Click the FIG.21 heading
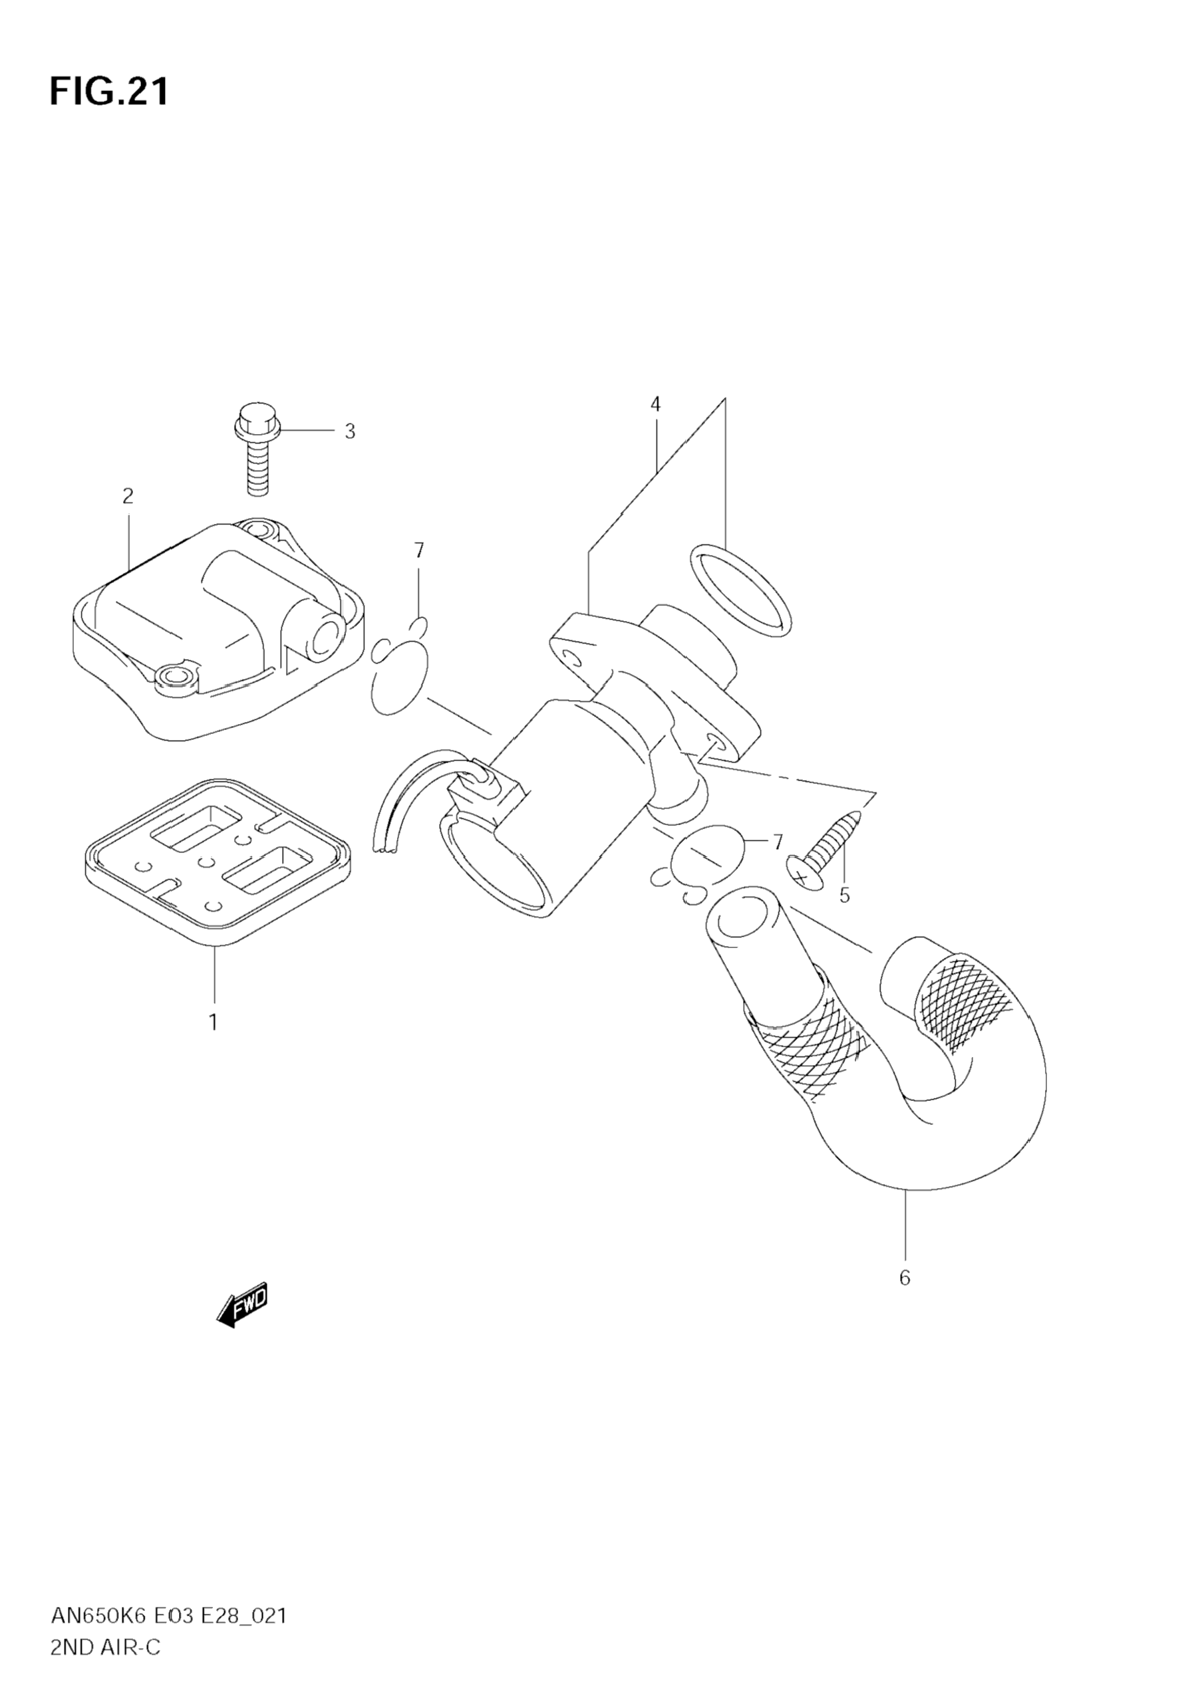pyautogui.click(x=109, y=92)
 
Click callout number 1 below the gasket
pyautogui.click(x=214, y=1023)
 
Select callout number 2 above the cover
pyautogui.click(x=128, y=496)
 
